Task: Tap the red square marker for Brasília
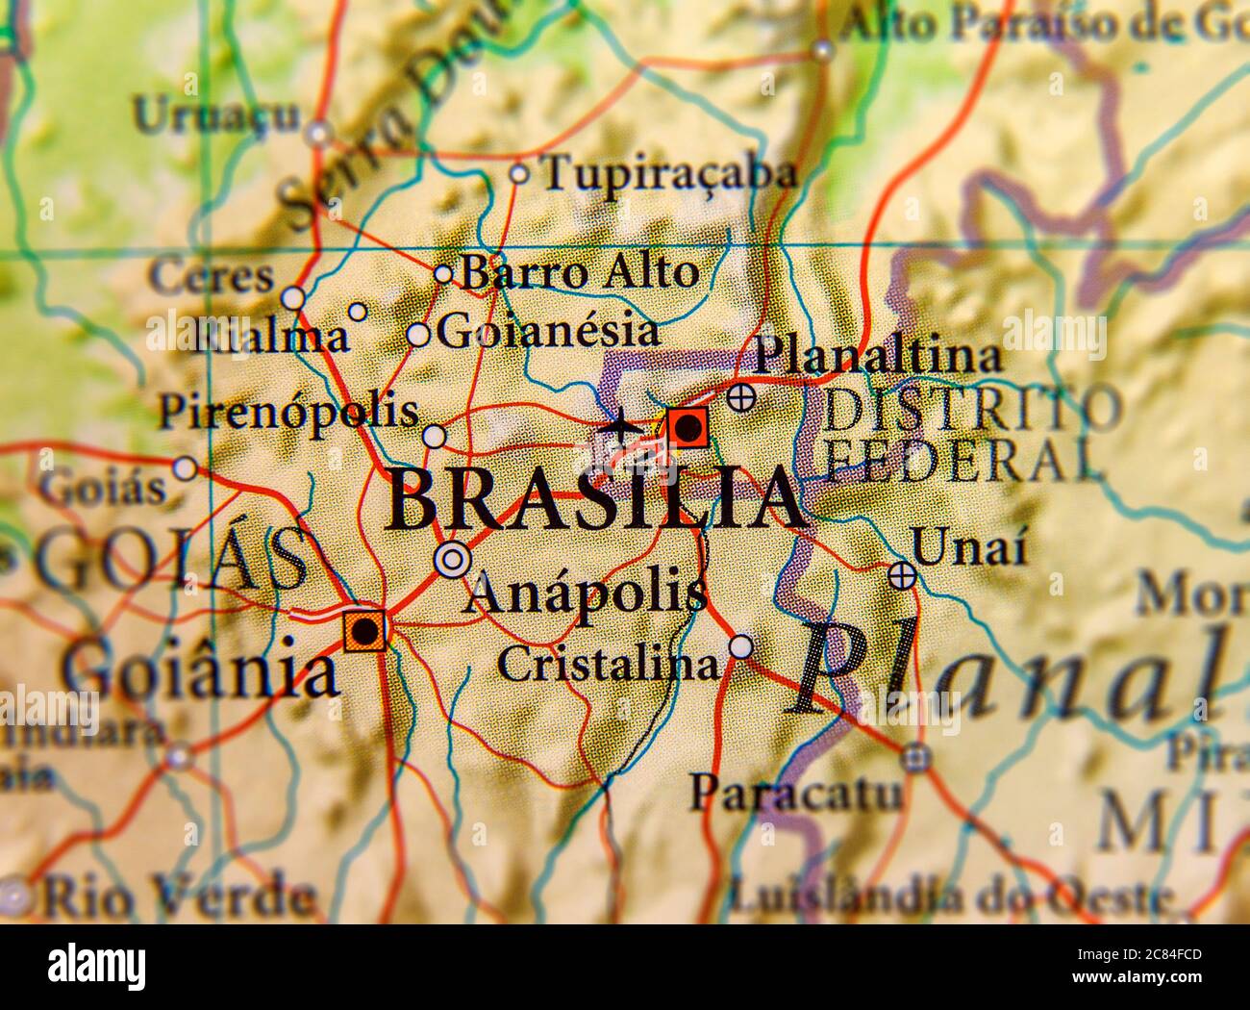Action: coord(687,426)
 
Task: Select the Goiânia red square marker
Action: coord(365,631)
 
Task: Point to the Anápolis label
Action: coord(585,593)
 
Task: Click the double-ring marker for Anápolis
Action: coord(452,559)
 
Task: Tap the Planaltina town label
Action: coord(878,357)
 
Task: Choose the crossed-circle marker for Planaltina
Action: coord(740,396)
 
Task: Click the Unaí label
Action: coord(969,548)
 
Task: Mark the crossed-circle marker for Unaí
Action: coord(901,575)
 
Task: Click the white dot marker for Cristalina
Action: coord(740,646)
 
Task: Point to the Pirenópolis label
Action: coord(288,412)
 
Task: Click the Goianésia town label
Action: coord(548,332)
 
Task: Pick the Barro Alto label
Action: coord(580,272)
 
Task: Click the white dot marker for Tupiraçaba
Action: coord(518,174)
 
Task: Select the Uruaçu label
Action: coord(216,115)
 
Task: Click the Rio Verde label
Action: coord(178,897)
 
